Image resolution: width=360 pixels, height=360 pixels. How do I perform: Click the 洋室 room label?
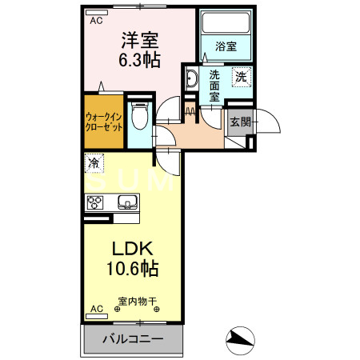coord(138,39)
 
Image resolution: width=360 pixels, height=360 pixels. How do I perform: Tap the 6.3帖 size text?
coord(138,61)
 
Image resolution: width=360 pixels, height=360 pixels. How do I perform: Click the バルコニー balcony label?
coord(133,339)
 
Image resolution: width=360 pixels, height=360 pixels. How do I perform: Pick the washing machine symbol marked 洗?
coord(240,77)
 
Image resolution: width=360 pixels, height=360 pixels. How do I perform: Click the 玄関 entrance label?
coord(239,122)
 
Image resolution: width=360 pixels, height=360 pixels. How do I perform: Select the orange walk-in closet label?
coord(103,122)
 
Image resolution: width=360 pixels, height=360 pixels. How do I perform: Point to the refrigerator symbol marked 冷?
coord(94,163)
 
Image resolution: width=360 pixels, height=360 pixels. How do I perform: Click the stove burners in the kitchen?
coord(97,202)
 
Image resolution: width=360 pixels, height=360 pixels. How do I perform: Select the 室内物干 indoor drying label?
coord(138,303)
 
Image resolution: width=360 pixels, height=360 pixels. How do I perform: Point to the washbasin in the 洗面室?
coord(192,78)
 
